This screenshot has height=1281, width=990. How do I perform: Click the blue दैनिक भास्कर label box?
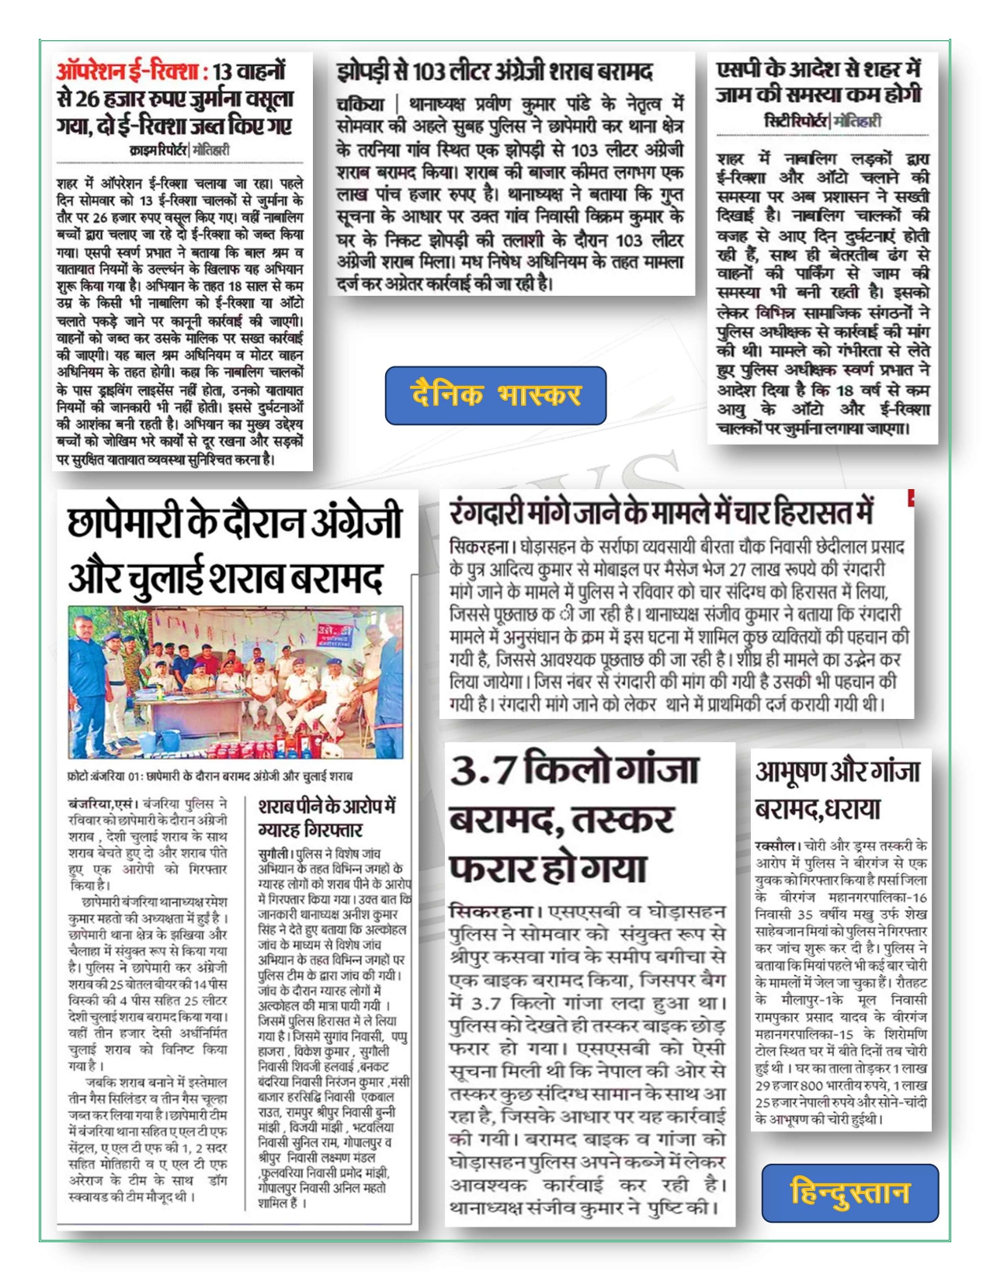click(x=495, y=395)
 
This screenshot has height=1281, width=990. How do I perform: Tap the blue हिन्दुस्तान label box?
click(x=849, y=1192)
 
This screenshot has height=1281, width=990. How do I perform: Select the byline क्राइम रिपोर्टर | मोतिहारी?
click(x=179, y=150)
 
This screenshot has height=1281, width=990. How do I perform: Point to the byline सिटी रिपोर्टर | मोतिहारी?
click(x=822, y=121)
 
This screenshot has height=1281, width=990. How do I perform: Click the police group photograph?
click(x=236, y=682)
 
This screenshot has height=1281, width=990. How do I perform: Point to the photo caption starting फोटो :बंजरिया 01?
click(x=210, y=776)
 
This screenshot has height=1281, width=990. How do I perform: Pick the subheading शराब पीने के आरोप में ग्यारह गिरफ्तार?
click(x=326, y=817)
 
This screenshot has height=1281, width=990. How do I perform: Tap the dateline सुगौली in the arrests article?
click(x=275, y=853)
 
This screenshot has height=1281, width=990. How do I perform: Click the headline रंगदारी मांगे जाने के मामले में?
click(x=662, y=513)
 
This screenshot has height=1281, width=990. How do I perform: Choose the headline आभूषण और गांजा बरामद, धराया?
click(x=837, y=790)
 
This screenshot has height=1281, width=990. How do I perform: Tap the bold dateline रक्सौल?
click(x=775, y=845)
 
